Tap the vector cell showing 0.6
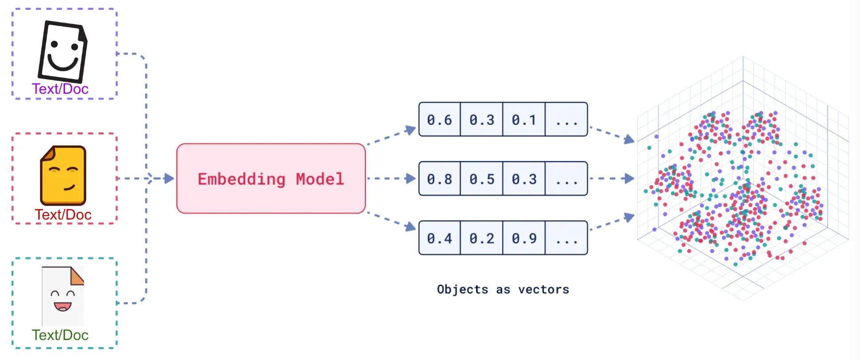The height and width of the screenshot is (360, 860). (x=439, y=120)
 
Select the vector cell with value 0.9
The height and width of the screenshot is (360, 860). (x=524, y=238)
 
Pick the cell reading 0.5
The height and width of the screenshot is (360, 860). (x=482, y=179)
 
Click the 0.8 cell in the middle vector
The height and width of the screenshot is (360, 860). (x=439, y=179)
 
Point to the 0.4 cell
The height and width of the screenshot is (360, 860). (x=439, y=238)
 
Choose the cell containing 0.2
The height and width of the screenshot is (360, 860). (x=482, y=238)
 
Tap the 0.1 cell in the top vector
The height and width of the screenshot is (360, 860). (x=524, y=120)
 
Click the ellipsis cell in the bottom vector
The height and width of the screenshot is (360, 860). (x=567, y=238)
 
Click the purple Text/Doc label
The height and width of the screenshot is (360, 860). (x=60, y=89)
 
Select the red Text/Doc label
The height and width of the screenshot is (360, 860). (x=63, y=215)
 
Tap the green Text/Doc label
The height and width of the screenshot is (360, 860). (x=60, y=335)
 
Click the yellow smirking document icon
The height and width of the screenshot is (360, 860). (x=63, y=176)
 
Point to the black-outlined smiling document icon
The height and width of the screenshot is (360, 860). (x=62, y=52)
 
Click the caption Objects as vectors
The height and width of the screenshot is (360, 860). (x=503, y=289)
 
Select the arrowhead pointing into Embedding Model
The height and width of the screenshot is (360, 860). (x=169, y=179)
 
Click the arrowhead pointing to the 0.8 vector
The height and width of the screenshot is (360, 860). (x=411, y=179)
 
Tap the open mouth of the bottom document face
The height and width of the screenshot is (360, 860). (x=62, y=306)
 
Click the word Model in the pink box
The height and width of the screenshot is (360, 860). (x=320, y=179)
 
